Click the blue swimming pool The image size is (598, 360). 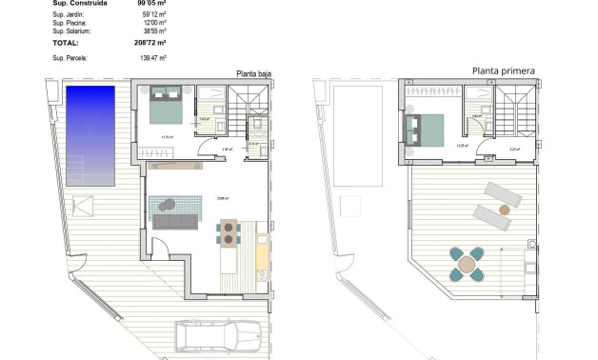(90, 133)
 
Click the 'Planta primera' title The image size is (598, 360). (503, 70)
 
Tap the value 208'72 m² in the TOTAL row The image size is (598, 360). (149, 43)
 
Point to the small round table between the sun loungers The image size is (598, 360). (506, 207)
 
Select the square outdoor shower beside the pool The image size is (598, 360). (84, 205)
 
